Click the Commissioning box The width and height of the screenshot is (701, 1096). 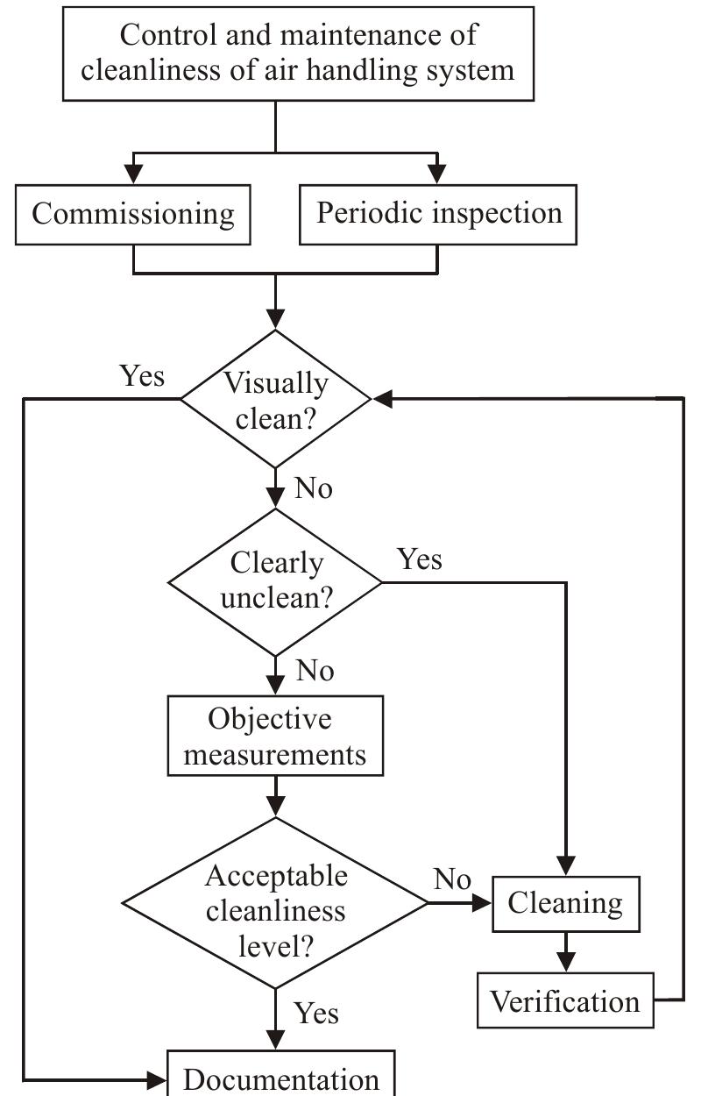133,214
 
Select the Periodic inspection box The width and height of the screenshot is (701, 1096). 438,214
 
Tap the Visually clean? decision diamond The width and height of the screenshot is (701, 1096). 276,399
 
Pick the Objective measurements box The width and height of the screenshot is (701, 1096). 276,736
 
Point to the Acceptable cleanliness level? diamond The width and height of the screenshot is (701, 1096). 276,903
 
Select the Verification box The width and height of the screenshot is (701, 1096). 565,1000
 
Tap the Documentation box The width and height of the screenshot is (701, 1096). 281,1077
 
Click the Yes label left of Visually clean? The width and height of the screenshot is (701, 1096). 142,376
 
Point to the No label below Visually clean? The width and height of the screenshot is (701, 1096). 314,488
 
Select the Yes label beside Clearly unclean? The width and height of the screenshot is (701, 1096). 420,559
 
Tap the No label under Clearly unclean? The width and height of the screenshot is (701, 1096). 314,672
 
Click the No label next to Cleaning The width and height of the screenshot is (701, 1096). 452,879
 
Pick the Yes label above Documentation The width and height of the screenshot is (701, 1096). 316,1014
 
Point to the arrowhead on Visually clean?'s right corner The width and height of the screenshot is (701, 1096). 382,399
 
